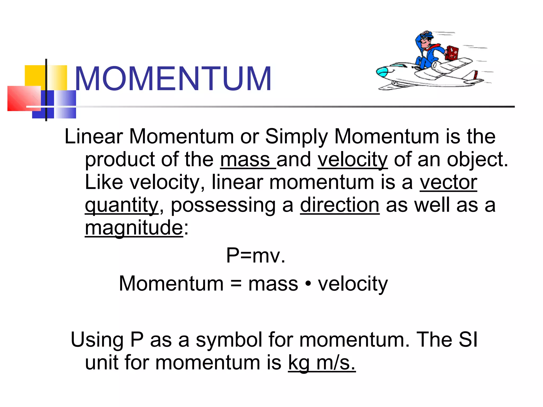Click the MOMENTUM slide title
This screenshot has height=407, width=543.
(173, 79)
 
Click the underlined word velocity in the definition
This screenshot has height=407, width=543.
(353, 160)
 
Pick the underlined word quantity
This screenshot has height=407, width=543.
(121, 205)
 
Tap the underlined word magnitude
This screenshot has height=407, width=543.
(134, 228)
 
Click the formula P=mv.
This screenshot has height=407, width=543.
(256, 255)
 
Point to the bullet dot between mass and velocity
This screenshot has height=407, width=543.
(308, 284)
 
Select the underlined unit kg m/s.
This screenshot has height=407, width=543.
(322, 362)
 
